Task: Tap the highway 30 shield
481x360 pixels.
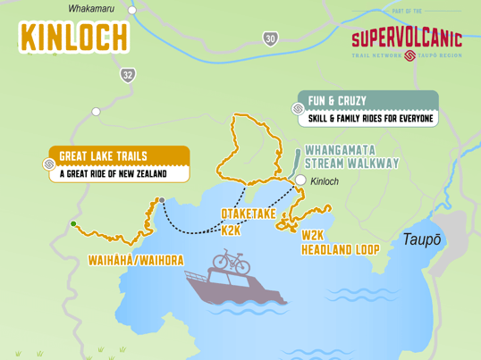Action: click(x=270, y=39)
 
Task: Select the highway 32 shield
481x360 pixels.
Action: click(x=128, y=75)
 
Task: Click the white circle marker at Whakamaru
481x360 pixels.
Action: click(x=132, y=11)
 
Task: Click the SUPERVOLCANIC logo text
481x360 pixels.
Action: click(x=406, y=38)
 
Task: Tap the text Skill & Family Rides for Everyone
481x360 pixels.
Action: click(x=370, y=118)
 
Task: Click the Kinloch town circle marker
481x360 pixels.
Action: click(x=301, y=180)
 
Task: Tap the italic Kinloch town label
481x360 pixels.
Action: click(x=325, y=181)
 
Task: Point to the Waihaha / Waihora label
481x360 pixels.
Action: click(x=136, y=260)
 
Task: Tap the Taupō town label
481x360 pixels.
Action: click(x=420, y=239)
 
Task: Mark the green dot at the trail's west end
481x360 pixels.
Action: click(x=73, y=223)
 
